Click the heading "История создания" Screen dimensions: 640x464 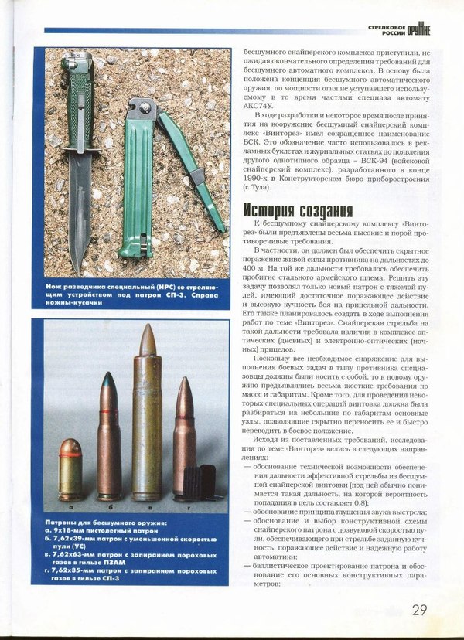(299, 210)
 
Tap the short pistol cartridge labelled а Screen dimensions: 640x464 (70, 467)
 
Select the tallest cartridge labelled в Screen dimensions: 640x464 (147, 417)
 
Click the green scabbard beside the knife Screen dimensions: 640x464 (138, 186)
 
